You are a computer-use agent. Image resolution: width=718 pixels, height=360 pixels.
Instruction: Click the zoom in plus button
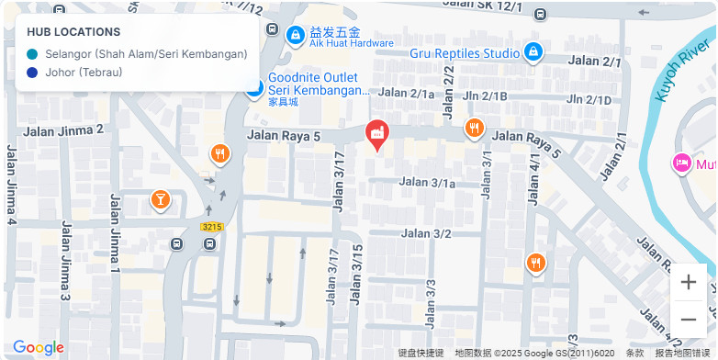tap(689, 282)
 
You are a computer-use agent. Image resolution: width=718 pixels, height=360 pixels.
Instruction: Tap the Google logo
tap(38, 347)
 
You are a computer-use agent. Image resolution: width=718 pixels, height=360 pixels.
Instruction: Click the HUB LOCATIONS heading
tap(73, 32)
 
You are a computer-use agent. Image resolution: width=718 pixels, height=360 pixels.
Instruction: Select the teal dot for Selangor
tap(33, 54)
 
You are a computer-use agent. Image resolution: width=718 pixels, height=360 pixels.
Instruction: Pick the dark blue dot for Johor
tap(33, 73)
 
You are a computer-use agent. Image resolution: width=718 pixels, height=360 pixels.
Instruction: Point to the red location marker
tap(376, 135)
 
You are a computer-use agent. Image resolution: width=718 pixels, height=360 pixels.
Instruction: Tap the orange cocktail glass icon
tap(160, 199)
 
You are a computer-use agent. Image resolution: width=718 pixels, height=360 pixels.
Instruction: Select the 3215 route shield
tap(212, 226)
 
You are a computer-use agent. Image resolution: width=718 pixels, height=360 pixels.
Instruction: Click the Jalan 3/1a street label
tap(426, 183)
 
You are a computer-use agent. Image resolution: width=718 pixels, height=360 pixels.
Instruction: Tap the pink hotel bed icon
tap(682, 163)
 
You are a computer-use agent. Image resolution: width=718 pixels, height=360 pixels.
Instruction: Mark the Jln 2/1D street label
tap(589, 99)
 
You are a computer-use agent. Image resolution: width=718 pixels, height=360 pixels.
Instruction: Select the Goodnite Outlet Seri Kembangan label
tap(318, 84)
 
